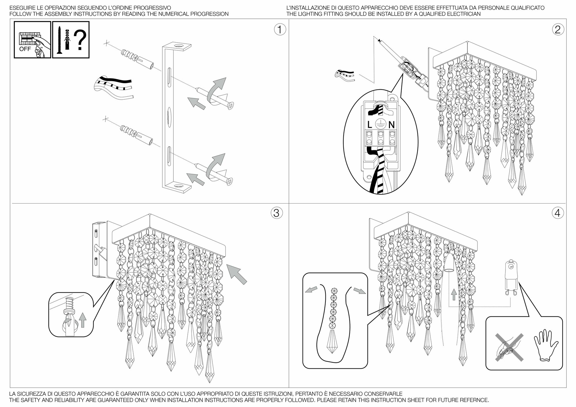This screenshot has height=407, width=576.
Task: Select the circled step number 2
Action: tap(558, 30)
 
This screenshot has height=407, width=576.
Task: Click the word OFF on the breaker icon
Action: tap(25, 49)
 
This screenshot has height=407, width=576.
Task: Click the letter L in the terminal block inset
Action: tap(370, 125)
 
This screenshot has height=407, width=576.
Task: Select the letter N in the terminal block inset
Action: tap(391, 125)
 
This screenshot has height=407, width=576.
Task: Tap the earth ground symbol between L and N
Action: tap(380, 124)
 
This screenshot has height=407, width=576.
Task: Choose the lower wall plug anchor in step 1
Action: tap(137, 135)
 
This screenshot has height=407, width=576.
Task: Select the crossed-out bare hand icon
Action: tap(509, 347)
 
